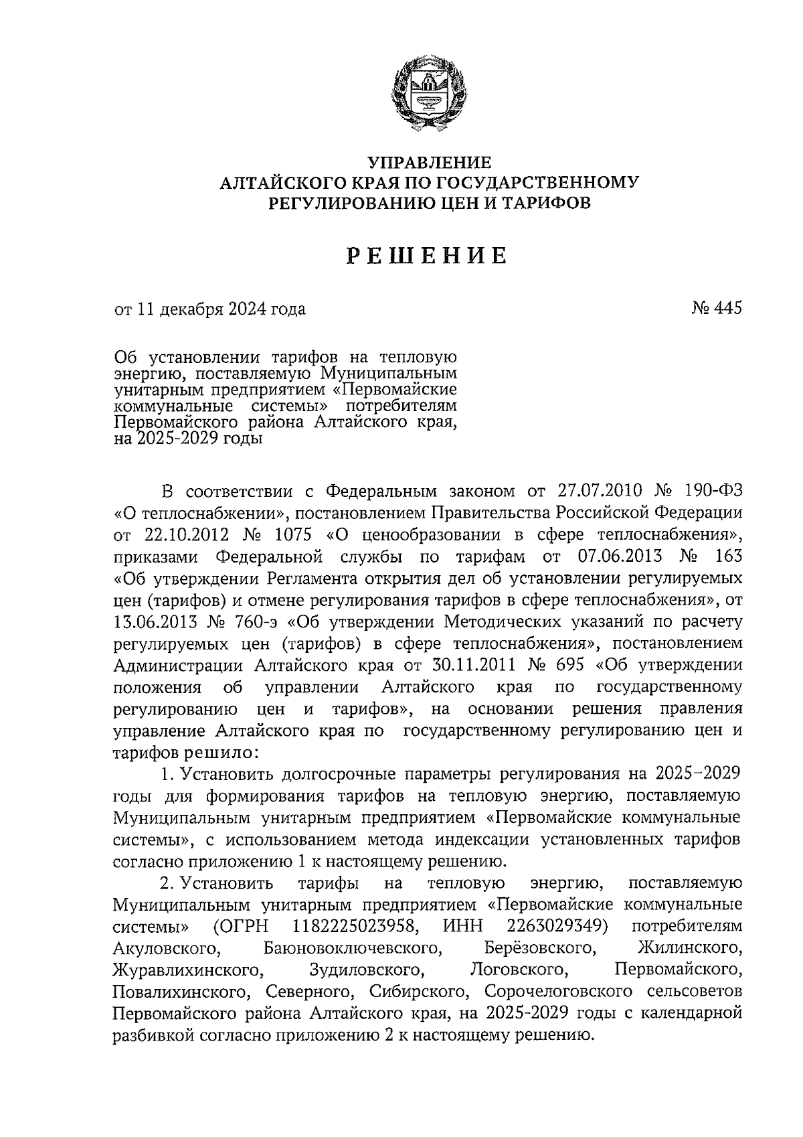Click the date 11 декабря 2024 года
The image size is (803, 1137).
pyautogui.click(x=221, y=309)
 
